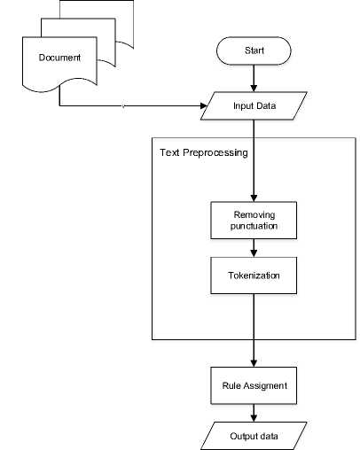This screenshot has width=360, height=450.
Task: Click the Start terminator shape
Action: (x=254, y=50)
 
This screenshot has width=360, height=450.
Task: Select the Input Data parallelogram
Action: (x=254, y=105)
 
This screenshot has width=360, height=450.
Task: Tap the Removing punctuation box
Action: (x=254, y=221)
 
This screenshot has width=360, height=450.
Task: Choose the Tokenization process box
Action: (x=254, y=275)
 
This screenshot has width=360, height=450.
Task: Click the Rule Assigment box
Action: (x=254, y=385)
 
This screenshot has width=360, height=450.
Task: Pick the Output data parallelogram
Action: (x=254, y=436)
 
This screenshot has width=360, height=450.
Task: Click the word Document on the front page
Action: (x=59, y=58)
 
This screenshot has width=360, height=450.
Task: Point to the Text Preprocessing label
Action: (x=204, y=152)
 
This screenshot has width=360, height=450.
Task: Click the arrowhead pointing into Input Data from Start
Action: (x=254, y=89)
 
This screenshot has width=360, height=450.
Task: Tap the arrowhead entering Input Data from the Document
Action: (x=204, y=105)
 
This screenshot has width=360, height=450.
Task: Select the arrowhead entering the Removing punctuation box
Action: (x=254, y=198)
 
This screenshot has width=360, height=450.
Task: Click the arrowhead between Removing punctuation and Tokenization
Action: (x=254, y=253)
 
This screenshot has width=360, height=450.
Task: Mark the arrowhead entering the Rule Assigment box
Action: (x=254, y=363)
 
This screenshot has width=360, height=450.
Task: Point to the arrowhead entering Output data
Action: (x=254, y=418)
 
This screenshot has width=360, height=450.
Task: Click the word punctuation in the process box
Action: (x=254, y=227)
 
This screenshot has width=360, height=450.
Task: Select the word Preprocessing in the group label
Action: (x=215, y=153)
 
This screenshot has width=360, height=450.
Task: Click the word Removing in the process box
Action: (x=254, y=215)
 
